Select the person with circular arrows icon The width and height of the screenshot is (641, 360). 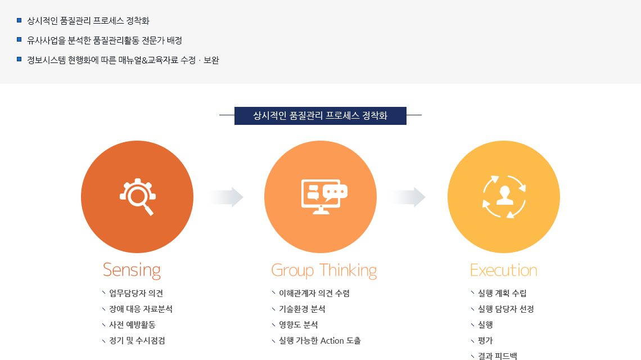coord(504,197)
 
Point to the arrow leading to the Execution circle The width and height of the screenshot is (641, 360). coord(407,197)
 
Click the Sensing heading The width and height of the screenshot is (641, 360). coord(132,271)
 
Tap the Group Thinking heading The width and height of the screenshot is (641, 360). coord(324,271)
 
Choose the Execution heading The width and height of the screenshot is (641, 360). coord(504,271)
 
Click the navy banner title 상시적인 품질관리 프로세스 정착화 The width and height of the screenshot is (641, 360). coord(320,116)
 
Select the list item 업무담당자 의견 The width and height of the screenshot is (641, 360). coord(136,293)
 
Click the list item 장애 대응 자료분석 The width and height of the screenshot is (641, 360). coord(141,309)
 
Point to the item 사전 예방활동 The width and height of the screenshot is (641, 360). coord(133,325)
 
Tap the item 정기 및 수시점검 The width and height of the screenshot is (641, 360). coord(137,341)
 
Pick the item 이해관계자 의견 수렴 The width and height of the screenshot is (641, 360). coord(314,293)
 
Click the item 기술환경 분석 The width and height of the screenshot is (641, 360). coord(302,309)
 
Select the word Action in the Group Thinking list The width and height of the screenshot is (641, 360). coord(332,341)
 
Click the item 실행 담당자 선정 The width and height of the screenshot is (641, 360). coord(506,309)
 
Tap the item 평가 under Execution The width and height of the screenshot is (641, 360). coord(486,341)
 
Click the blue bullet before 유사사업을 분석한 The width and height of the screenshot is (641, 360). coord(19,40)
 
